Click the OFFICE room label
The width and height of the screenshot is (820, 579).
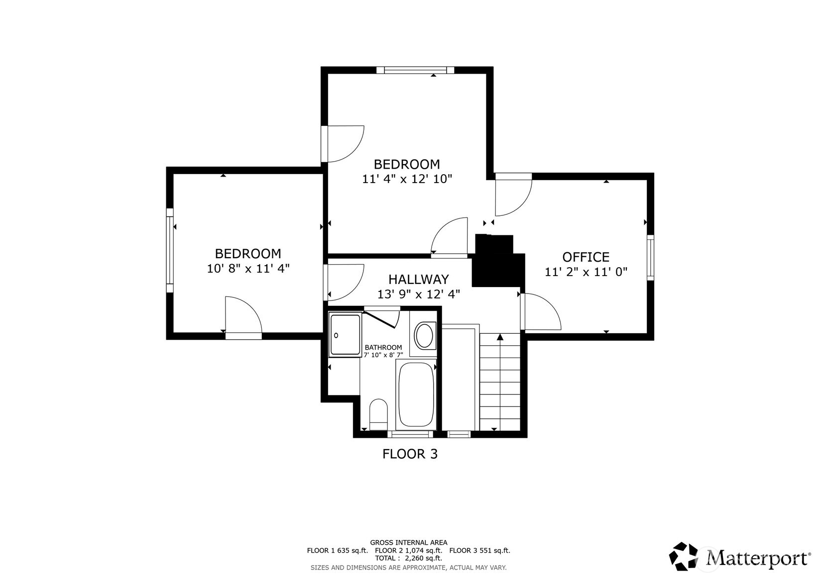click(586, 257)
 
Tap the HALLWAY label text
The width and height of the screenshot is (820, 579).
click(418, 279)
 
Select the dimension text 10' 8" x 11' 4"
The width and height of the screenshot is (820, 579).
click(248, 269)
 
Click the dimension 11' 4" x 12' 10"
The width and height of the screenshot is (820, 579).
click(407, 179)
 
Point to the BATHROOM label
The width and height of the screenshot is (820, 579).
click(383, 347)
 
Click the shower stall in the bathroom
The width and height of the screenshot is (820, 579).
click(345, 335)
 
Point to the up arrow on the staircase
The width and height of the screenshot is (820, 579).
click(500, 338)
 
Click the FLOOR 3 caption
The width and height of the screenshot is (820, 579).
click(410, 454)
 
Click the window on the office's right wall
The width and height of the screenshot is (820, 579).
click(650, 257)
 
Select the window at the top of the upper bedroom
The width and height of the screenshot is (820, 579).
click(415, 70)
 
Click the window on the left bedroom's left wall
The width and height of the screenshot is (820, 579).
click(170, 250)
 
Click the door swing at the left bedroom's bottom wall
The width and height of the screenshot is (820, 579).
click(243, 316)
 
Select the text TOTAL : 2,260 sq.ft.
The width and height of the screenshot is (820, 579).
click(408, 558)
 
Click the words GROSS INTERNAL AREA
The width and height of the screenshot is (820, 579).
click(408, 542)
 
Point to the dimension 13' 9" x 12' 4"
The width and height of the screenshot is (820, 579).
click(418, 294)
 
